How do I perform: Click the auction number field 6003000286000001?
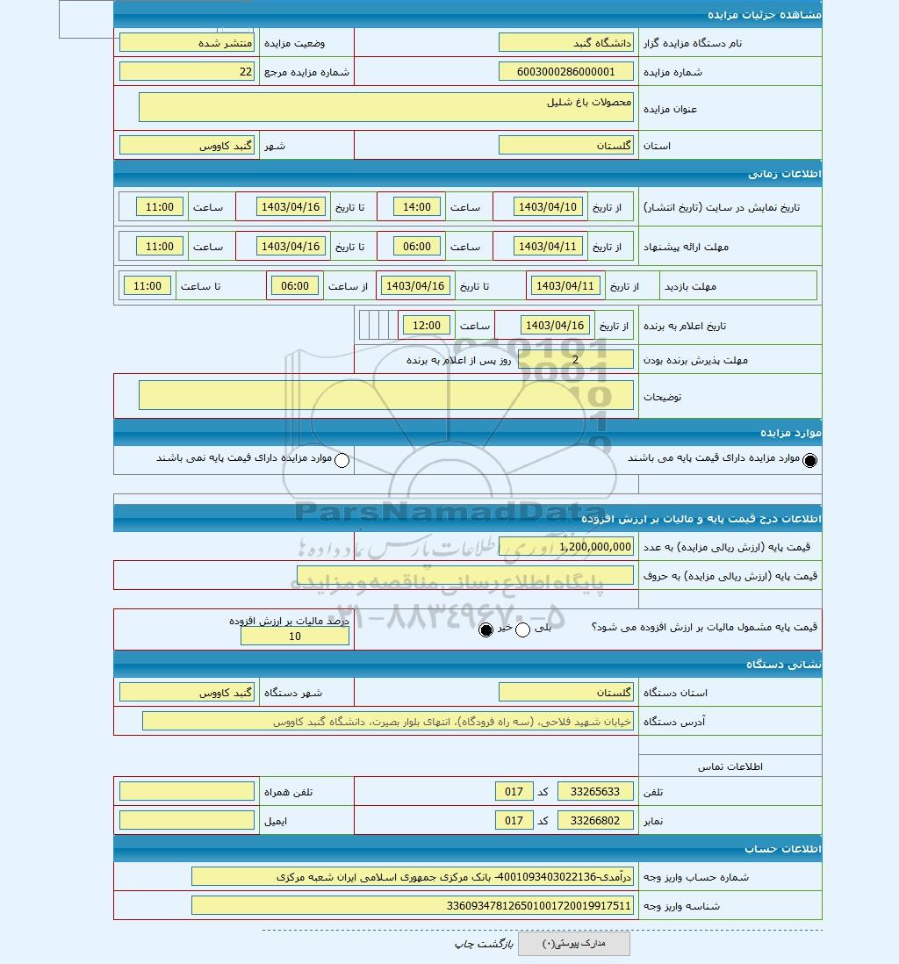(565, 72)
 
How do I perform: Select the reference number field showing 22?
(187, 72)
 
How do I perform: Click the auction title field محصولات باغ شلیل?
(385, 107)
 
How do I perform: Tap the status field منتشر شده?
(187, 42)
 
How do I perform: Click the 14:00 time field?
(417, 207)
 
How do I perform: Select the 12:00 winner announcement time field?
(427, 326)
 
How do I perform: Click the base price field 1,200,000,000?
(565, 546)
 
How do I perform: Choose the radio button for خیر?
(486, 629)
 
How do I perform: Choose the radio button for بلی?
(522, 629)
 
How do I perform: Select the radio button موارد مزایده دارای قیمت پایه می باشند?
(809, 460)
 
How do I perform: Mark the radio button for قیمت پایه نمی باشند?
(342, 460)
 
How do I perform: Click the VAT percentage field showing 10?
(294, 637)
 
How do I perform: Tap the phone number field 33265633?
(595, 792)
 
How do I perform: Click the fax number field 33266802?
(595, 821)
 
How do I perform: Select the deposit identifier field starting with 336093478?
(412, 905)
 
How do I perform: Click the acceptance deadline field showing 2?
(575, 359)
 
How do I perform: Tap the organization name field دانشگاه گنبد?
(565, 42)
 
